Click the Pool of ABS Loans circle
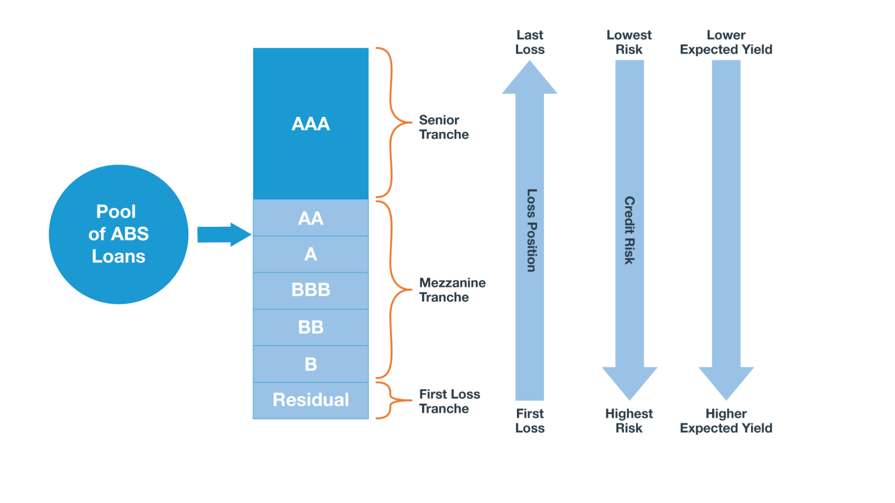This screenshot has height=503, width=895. [119, 234]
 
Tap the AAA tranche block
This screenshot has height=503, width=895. [311, 124]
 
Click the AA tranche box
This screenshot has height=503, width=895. [311, 218]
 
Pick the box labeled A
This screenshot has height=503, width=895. [311, 254]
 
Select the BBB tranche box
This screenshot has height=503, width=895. [311, 290]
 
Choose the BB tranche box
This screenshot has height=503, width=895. [311, 327]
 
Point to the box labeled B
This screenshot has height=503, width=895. [311, 364]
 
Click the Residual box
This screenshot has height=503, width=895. [311, 400]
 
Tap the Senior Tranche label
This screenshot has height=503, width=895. [443, 127]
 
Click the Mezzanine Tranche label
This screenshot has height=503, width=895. [452, 290]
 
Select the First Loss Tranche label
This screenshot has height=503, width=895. [449, 401]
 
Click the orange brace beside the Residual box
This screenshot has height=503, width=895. [390, 400]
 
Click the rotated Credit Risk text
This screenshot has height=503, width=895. [629, 230]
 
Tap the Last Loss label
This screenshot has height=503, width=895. [530, 42]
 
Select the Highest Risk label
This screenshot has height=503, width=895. [629, 421]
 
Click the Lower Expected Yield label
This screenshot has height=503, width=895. [726, 42]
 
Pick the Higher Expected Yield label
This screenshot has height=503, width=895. [726, 421]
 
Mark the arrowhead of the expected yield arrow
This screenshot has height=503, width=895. [726, 382]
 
